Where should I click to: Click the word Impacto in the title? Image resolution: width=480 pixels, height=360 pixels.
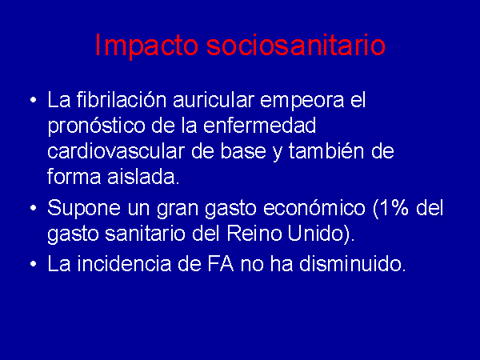tap(146, 46)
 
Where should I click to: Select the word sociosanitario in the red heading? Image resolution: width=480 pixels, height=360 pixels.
tap(296, 45)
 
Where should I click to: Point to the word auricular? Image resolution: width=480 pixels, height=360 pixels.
tap(214, 99)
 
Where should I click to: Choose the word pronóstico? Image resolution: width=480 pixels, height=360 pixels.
tap(96, 126)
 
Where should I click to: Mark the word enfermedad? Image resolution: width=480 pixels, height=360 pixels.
tap(259, 126)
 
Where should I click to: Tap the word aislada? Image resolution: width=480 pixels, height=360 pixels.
tap(143, 177)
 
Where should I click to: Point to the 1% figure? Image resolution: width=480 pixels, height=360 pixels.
tap(391, 208)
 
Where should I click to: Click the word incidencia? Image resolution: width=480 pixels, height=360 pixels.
tap(124, 263)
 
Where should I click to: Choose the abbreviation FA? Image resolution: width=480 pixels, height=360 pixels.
tap(221, 263)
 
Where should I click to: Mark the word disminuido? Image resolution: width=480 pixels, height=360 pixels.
tap(353, 263)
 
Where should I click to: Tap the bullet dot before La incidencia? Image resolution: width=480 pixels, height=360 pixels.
tap(34, 264)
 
